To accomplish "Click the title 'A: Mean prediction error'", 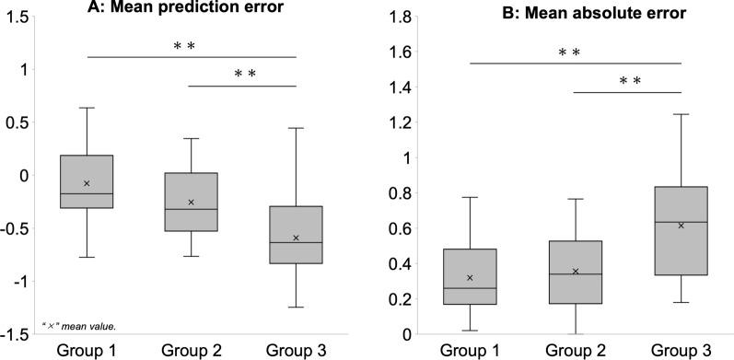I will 191,10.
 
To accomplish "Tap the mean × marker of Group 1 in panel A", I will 87,183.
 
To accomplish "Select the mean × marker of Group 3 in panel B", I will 681,225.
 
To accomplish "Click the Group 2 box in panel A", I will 192,202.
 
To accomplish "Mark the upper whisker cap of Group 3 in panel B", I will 681,114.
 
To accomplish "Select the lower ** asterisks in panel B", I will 630,82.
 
